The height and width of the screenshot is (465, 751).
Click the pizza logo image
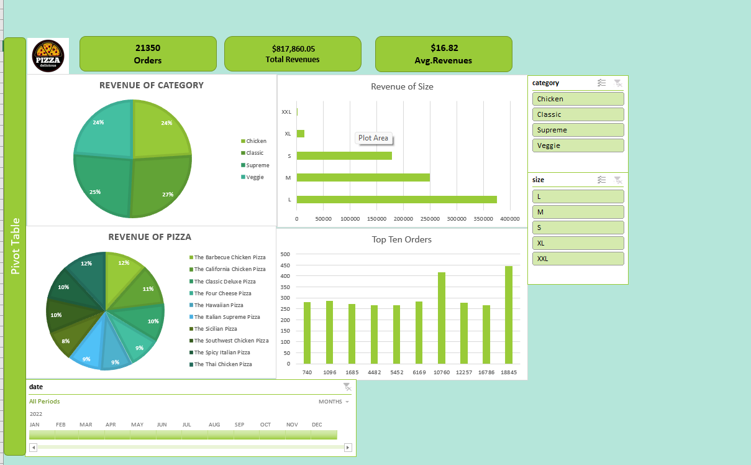pos(48,56)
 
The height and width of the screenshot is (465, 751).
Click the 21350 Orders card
pos(148,53)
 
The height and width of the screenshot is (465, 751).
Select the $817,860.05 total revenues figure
pos(293,48)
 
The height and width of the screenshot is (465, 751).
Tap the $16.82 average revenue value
pos(444,48)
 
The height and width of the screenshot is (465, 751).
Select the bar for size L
pos(397,200)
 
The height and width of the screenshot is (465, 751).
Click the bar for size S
pos(344,155)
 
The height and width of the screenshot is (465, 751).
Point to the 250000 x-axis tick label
pos(430,219)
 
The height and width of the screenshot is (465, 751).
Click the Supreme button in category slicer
pos(578,130)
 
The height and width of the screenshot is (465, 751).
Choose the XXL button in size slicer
pos(578,259)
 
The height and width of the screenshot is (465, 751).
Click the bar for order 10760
pos(442,318)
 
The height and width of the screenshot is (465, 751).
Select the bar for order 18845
pos(509,315)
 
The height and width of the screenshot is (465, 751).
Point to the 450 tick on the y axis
pos(285,265)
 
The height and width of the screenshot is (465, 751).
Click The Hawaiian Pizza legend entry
pos(216,305)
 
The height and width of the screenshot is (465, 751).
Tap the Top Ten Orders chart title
pos(402,239)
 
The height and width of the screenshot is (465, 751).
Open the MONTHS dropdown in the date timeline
pos(334,402)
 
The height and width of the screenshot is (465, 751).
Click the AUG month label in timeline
pos(214,425)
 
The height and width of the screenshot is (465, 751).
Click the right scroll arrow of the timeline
pos(348,447)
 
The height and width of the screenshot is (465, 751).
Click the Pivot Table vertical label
pos(16,246)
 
